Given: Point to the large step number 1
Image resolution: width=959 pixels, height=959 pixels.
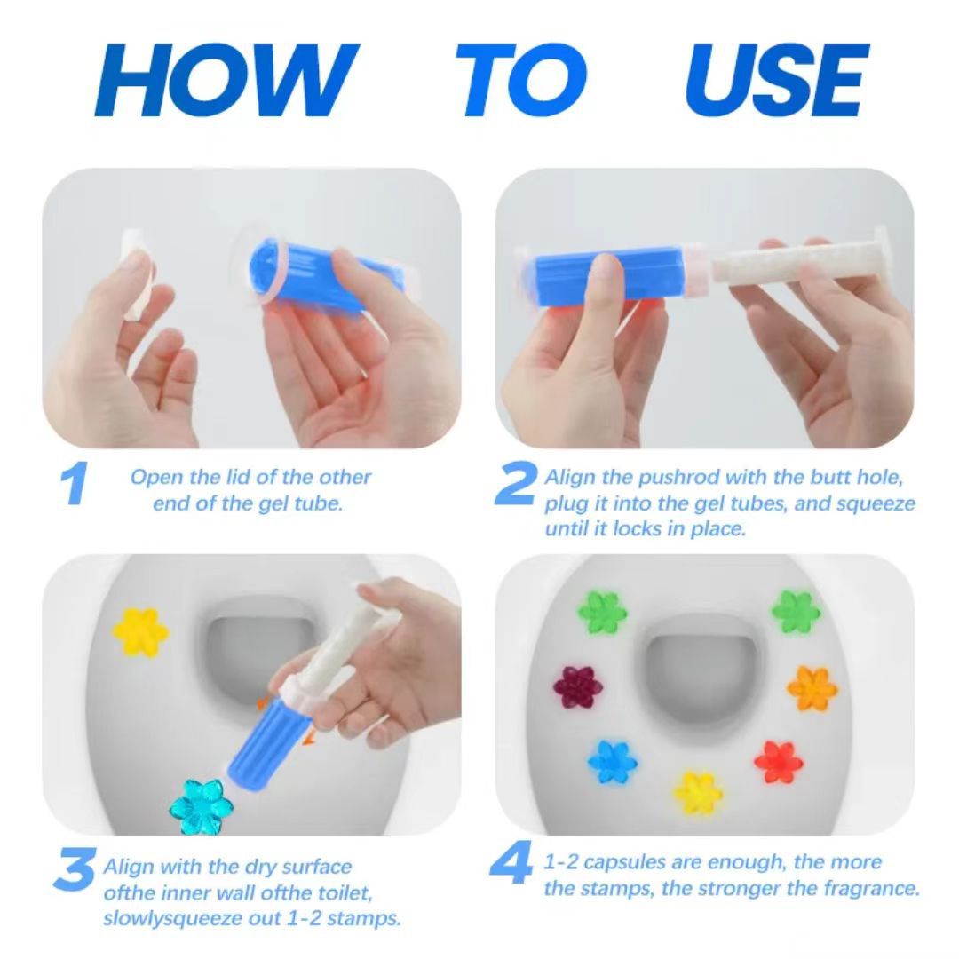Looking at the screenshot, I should tap(76, 486).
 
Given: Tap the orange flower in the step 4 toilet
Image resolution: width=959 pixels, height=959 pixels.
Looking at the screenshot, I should tap(812, 687).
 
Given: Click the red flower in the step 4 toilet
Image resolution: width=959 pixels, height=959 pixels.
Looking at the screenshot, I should tap(779, 761).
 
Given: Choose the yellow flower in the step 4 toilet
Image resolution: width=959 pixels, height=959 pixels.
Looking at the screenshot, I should tap(698, 792).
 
